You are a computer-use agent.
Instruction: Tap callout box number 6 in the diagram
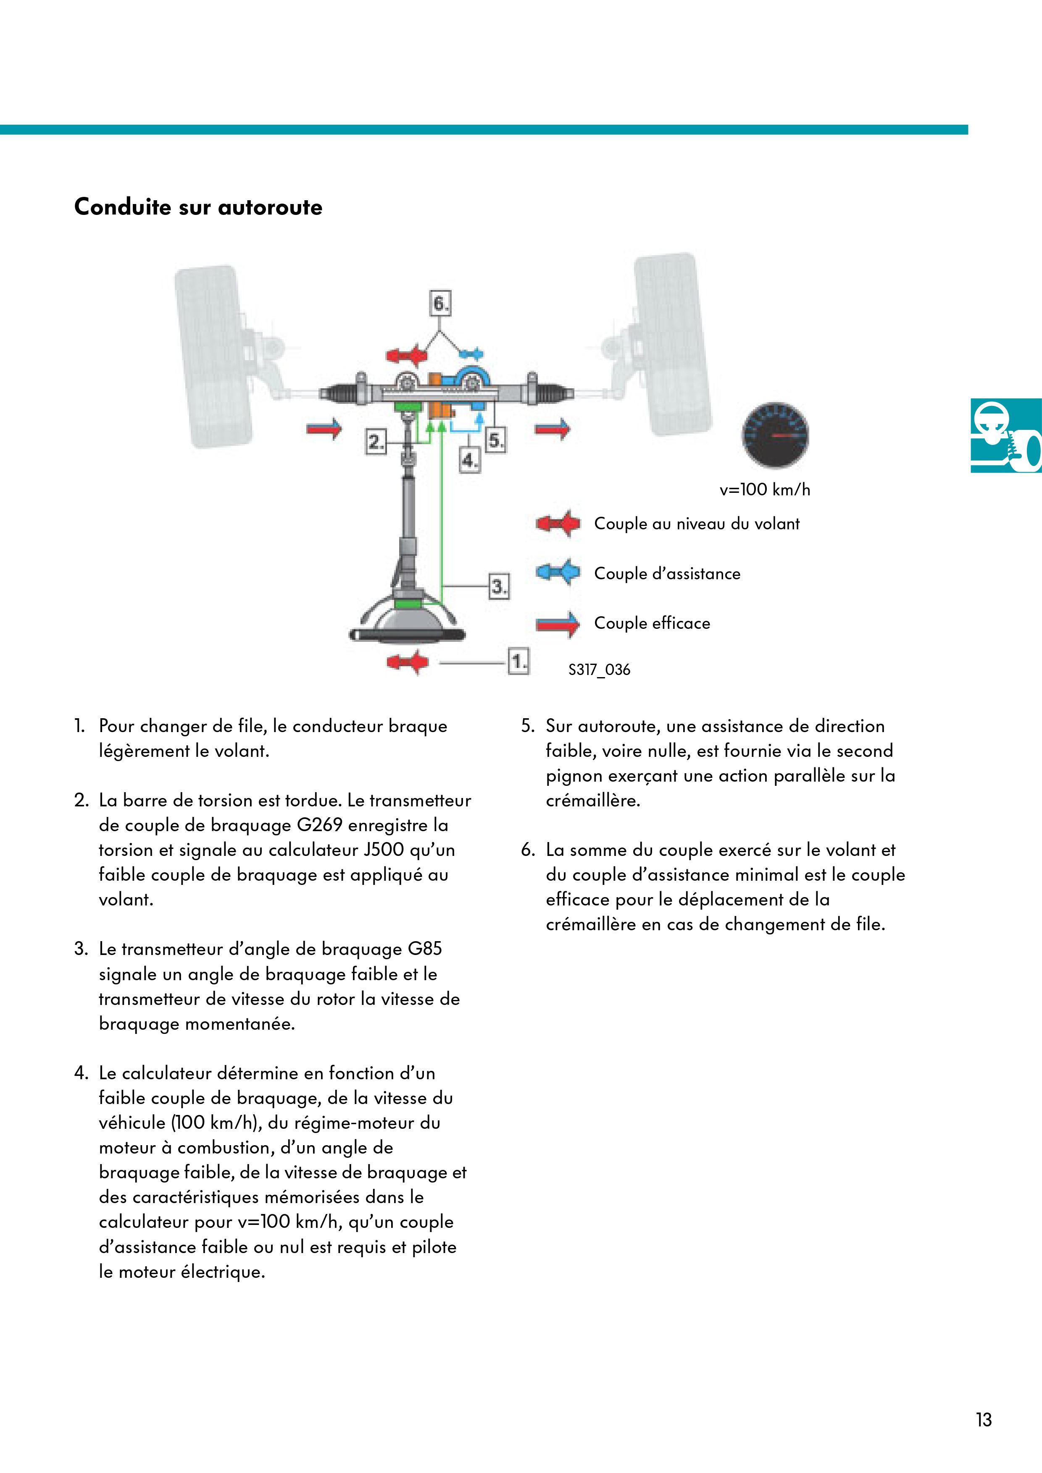click(440, 303)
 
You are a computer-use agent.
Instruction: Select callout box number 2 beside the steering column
click(376, 442)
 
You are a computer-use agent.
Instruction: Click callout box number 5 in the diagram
click(496, 441)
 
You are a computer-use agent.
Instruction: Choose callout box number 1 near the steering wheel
click(518, 662)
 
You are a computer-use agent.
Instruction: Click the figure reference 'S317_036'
click(600, 670)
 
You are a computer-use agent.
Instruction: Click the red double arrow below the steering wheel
click(408, 662)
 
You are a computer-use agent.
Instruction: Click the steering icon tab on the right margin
click(1006, 435)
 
